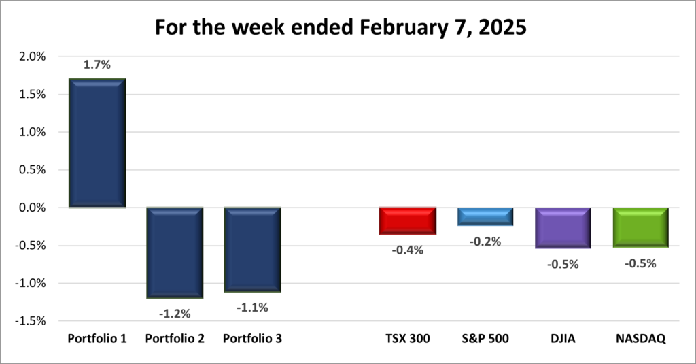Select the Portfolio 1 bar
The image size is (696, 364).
pos(97,143)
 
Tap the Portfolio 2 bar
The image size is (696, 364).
pos(175,252)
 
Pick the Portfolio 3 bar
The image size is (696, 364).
pos(252,250)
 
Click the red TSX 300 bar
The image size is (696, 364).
pos(408,221)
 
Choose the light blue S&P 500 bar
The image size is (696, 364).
pos(485,216)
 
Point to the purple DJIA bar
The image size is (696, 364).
pos(563,227)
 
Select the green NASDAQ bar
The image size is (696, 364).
pos(640,227)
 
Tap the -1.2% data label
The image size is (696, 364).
pos(175,314)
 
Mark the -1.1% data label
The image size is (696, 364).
pos(252,307)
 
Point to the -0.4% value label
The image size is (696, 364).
pos(408,250)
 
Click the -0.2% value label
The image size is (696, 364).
pos(485,241)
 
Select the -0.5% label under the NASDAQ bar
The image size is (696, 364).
pos(640,263)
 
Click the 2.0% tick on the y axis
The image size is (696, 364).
pos(31,57)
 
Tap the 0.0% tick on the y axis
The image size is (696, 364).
pos(31,208)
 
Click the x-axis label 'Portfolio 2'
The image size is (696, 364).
pos(175,339)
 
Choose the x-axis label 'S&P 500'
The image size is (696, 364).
pos(485,339)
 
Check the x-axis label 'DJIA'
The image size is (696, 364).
pos(563,339)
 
